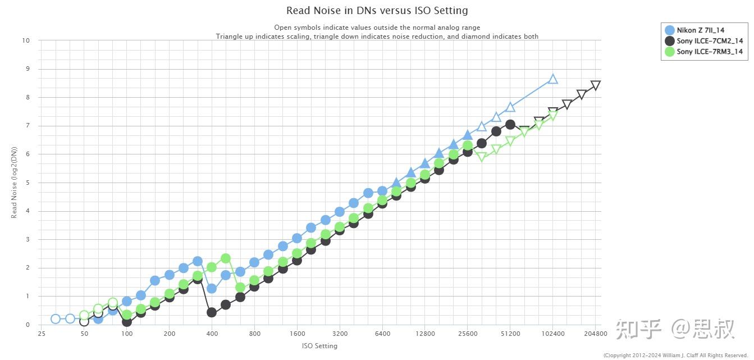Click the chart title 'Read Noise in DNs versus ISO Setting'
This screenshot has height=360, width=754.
pos(377,11)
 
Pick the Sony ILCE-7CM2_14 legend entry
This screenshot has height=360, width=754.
pos(704,41)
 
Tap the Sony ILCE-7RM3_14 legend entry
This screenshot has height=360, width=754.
pos(704,52)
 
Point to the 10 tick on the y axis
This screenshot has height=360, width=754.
pos(26,40)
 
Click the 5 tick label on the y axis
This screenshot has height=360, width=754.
pos(28,183)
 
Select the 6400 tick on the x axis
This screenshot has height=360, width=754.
pos(382,334)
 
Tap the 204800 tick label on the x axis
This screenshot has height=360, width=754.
pos(596,334)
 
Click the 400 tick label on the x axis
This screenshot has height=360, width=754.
pos(212,334)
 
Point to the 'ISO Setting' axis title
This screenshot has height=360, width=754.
pos(319,346)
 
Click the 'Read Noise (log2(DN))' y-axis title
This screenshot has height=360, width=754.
pos(14,183)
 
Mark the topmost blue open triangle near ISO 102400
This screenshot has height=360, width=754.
pos(552,80)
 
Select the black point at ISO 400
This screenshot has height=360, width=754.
pos(212,312)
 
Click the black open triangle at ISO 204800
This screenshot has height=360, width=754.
pos(596,85)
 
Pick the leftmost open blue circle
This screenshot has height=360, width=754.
pos(56,318)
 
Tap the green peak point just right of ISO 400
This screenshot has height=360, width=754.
pos(226,259)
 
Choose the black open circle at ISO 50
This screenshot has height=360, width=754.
pos(84,322)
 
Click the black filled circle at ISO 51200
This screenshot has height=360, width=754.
pos(510,125)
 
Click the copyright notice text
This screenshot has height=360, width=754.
pos(675,356)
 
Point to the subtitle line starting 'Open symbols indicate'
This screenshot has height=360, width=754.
pos(377,28)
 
